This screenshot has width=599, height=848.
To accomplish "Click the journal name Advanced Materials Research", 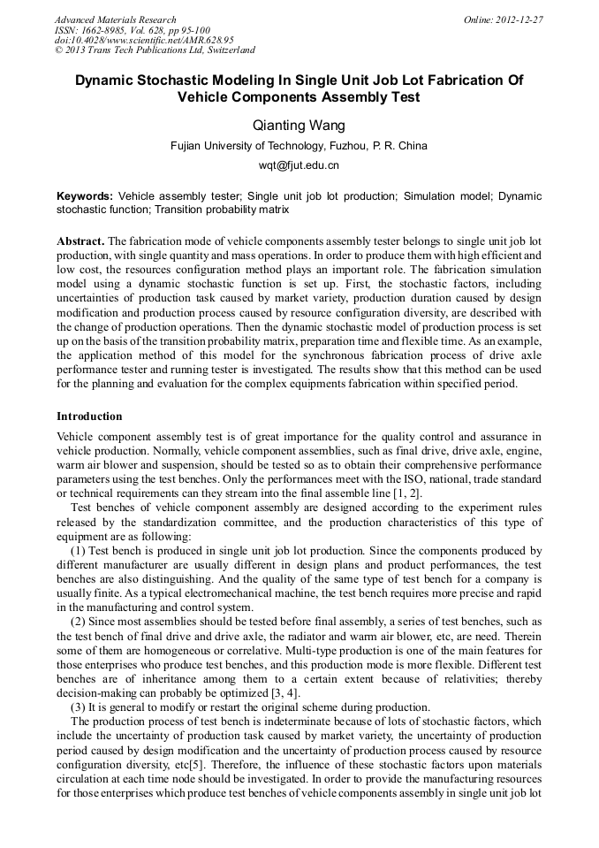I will tap(115, 19).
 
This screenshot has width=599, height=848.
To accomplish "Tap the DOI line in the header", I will tap(144, 40).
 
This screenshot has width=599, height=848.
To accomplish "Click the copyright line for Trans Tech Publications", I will tap(155, 50).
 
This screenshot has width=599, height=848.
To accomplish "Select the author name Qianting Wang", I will tap(299, 125).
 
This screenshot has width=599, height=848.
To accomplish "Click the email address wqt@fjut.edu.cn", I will tap(299, 165).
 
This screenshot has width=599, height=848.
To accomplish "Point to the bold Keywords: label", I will tap(85, 196).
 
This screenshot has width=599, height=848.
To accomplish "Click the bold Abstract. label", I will tap(80, 241).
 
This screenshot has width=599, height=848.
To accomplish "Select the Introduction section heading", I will tap(89, 416).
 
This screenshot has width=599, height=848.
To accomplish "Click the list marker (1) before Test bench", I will tap(78, 550).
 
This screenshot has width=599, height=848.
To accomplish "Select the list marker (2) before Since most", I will tap(78, 623).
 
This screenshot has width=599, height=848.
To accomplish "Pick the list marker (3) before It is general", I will tap(78, 707).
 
